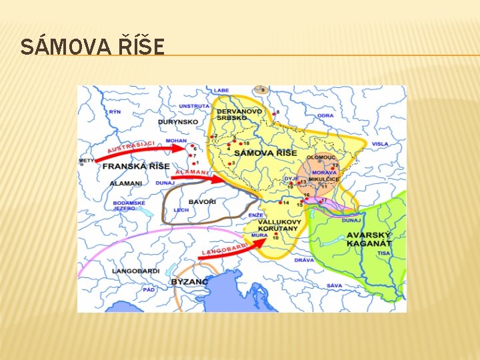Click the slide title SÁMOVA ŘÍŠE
[x=92, y=47]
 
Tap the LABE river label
[x=221, y=90]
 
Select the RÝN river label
[x=115, y=113]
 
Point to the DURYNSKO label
[x=178, y=122]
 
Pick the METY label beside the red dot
[x=86, y=161]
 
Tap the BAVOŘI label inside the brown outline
[x=202, y=201]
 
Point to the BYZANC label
[x=190, y=281]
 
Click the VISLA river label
[x=379, y=144]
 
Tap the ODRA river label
[x=325, y=115]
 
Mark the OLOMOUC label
[x=321, y=157]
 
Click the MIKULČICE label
[x=324, y=179]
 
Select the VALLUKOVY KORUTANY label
[x=274, y=225]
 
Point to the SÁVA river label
[x=334, y=285]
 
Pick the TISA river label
[x=383, y=253]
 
